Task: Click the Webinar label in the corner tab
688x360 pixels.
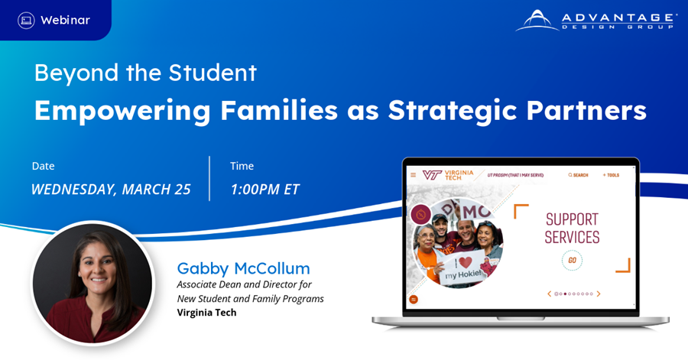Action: point(65,21)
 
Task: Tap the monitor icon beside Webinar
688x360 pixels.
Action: point(26,21)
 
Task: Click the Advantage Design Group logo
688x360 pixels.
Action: point(596,21)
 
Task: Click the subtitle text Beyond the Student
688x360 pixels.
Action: point(145,73)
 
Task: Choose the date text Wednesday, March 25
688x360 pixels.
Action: point(111,190)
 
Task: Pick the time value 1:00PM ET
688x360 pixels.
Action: point(264,190)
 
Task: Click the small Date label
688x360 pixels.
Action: point(44,166)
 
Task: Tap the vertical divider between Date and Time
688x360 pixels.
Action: point(209,178)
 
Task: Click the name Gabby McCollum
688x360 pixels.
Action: point(243,268)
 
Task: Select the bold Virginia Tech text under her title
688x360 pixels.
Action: point(206,313)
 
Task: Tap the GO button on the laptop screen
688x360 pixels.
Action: point(572,261)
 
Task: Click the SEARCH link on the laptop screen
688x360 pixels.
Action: point(578,175)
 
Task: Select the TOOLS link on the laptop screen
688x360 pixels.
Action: point(612,175)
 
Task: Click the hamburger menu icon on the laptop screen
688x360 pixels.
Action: point(414,175)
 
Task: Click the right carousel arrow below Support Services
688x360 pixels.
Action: point(599,294)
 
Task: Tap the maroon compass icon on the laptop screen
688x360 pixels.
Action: point(420,215)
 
